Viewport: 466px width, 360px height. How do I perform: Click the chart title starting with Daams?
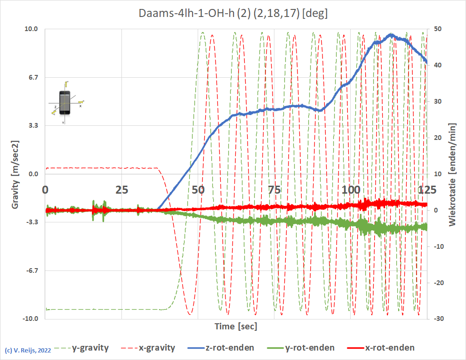pos(233,13)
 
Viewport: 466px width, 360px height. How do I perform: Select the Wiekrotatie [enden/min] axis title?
pos(452,174)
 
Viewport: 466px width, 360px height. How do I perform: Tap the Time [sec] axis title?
pos(236,326)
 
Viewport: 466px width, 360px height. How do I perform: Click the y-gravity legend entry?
pos(90,348)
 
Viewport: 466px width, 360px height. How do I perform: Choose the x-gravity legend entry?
pos(157,348)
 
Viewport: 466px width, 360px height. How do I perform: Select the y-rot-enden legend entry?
pos(310,348)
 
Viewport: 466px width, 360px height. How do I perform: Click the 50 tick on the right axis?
pos(437,29)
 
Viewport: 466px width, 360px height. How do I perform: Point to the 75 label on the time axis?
pos(273,190)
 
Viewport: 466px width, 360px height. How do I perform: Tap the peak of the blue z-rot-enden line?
pos(391,34)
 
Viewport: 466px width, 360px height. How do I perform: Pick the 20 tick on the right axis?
pos(437,138)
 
